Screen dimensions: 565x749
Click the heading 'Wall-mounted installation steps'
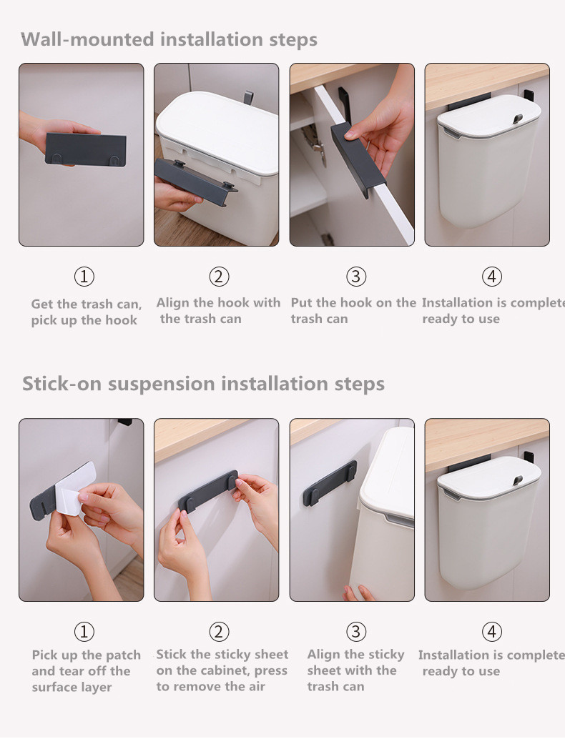169,39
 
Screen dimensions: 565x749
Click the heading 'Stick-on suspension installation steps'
203,384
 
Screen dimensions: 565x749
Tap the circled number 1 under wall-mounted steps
84,277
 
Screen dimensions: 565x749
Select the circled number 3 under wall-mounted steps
356,277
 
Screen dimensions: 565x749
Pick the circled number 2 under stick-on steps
219,632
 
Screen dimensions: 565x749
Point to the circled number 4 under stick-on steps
492,632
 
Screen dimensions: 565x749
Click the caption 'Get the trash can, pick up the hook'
86,312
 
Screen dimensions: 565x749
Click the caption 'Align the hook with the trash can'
218,310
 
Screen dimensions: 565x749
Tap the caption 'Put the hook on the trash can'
353,310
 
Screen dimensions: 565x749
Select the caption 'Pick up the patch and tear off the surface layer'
86,671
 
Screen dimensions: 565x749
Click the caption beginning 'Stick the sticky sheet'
222,670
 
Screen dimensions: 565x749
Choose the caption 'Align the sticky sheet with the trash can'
355,670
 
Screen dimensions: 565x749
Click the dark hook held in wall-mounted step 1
86,149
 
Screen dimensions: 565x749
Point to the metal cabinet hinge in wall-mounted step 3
315,144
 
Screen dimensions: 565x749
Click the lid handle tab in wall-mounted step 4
518,119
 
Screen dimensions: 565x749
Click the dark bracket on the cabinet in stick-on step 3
330,483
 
